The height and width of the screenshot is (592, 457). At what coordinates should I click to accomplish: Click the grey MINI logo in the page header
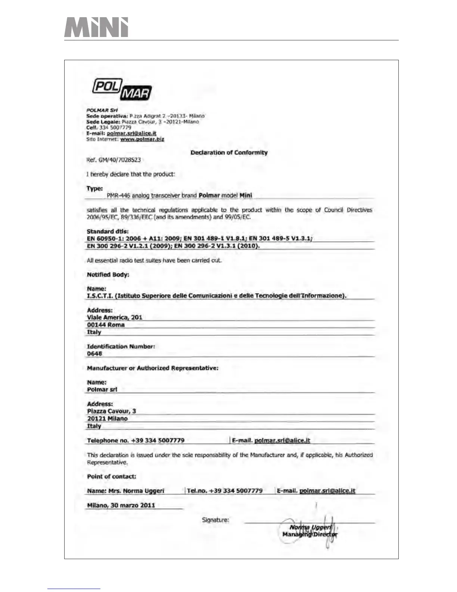[96, 27]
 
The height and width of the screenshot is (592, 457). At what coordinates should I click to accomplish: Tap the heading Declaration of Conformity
[229, 152]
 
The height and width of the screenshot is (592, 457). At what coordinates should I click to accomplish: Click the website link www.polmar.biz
[142, 139]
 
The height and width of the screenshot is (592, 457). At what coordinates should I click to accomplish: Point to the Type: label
[94, 188]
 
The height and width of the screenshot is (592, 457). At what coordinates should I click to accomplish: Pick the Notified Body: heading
[108, 274]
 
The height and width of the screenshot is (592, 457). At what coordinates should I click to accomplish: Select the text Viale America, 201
[114, 317]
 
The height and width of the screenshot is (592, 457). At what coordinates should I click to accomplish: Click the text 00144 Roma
[106, 325]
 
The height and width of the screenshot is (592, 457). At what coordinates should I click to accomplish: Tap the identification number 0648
[94, 354]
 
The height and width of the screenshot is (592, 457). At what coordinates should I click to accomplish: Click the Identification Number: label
[121, 346]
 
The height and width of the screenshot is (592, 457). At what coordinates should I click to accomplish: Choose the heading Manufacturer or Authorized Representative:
[152, 368]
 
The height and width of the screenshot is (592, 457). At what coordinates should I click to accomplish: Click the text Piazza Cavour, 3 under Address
[111, 411]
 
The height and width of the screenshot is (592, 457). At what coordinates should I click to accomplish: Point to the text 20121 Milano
[107, 419]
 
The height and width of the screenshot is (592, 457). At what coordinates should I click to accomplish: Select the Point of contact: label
[111, 477]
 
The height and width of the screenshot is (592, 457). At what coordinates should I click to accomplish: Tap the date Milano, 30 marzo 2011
[121, 505]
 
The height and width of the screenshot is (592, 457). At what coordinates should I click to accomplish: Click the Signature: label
[215, 520]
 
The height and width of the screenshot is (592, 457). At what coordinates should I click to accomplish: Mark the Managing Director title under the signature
[310, 534]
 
